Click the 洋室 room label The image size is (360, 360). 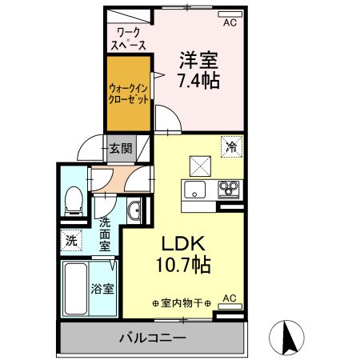coord(199,59)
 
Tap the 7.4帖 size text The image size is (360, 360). coord(199,81)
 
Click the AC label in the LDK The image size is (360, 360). coord(230,299)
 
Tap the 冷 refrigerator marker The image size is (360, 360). coord(231,146)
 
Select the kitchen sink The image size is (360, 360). coord(195,190)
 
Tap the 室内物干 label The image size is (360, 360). coord(182,303)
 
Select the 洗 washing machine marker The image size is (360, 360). coord(70,239)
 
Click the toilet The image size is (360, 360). coord(74,199)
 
